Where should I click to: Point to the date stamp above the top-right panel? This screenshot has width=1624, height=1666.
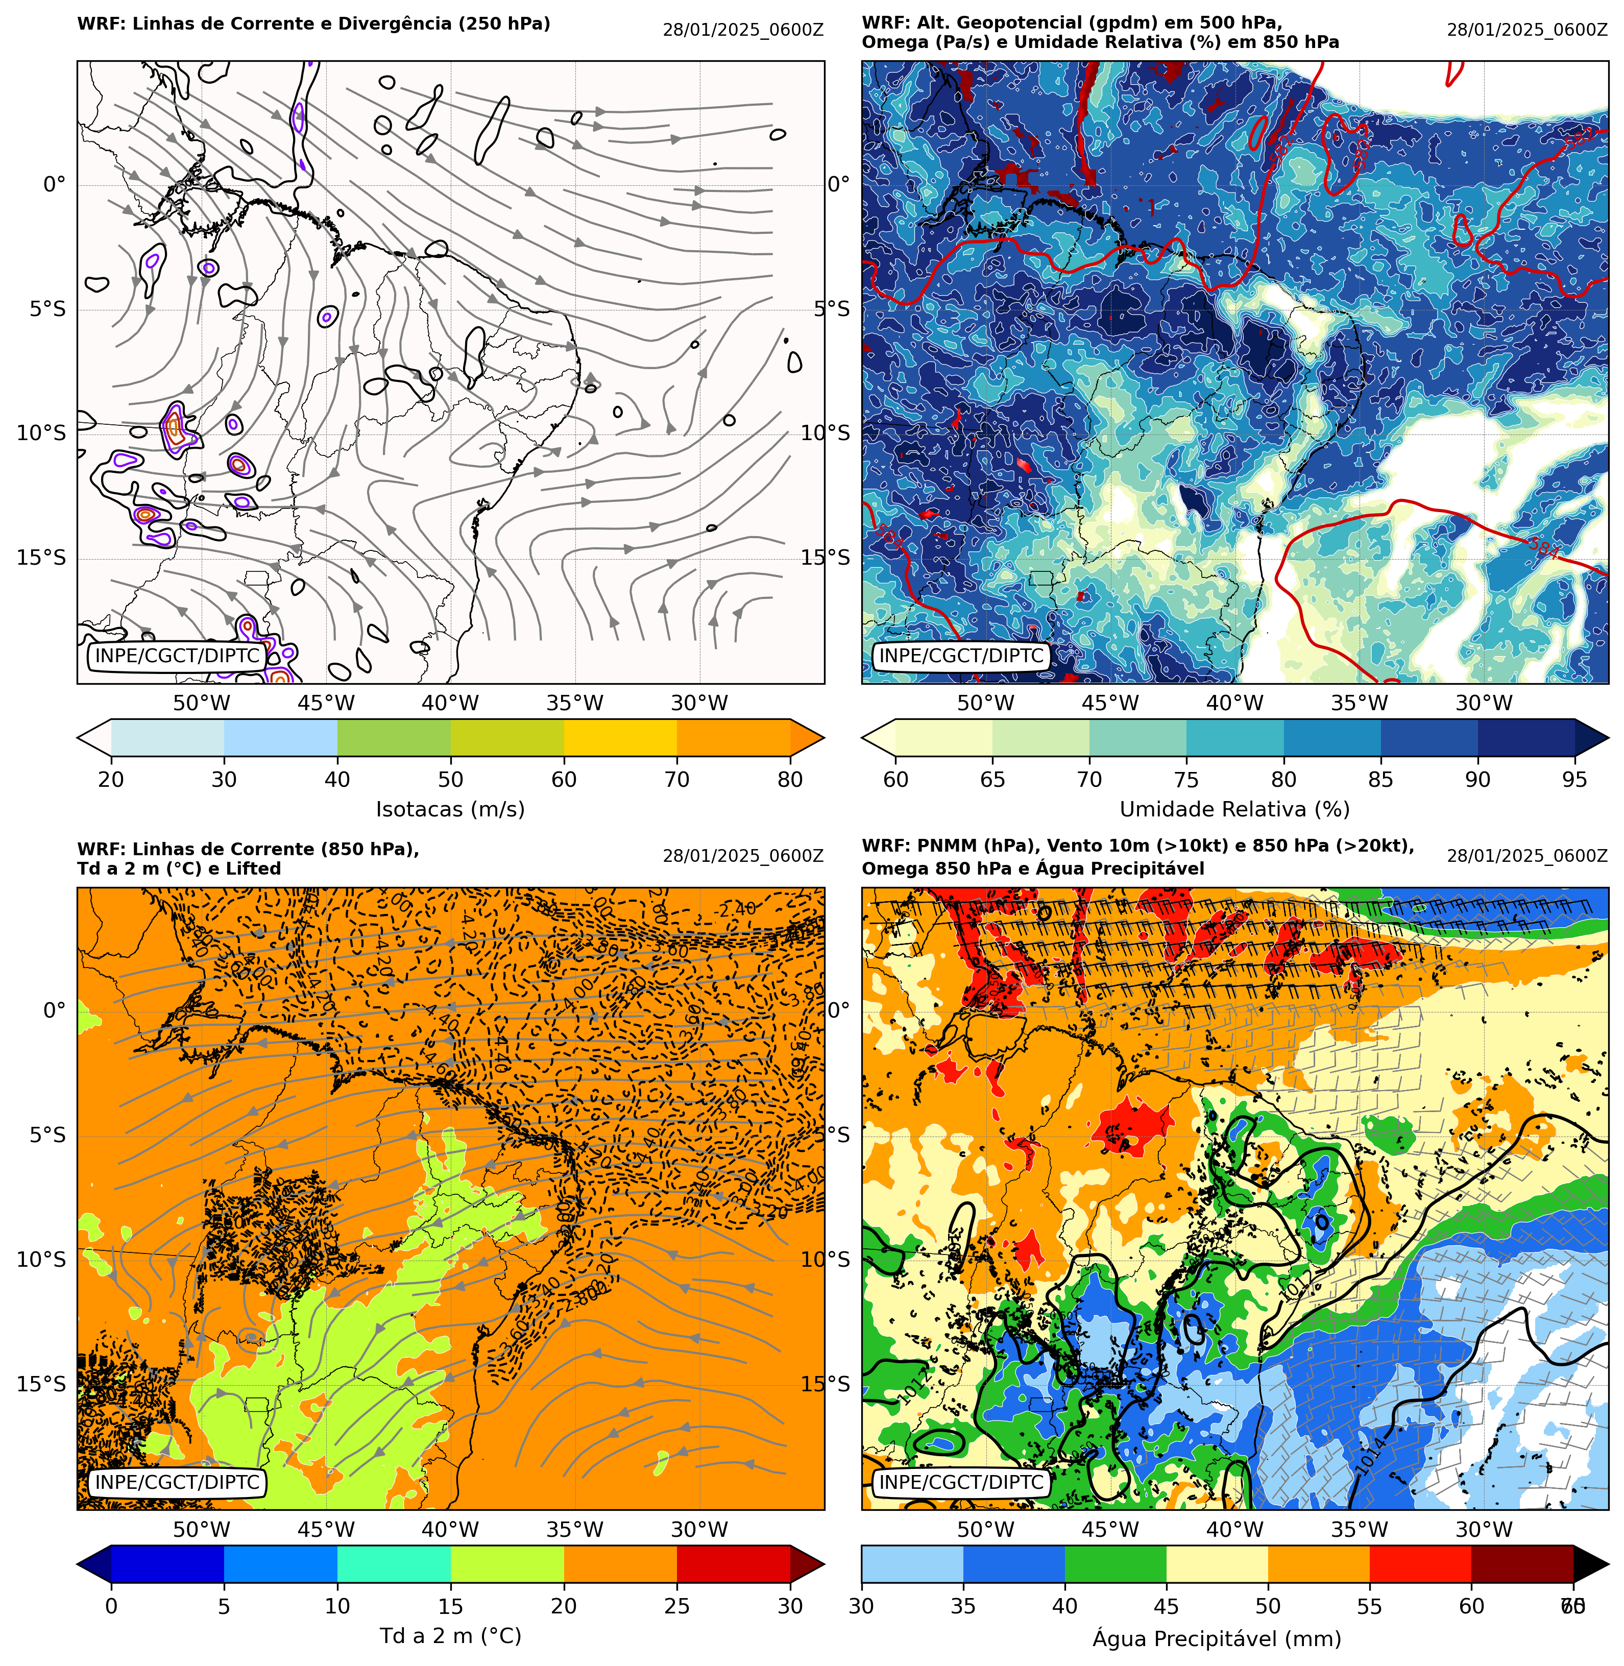[x=1527, y=30]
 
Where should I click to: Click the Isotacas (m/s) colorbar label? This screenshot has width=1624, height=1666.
[x=450, y=809]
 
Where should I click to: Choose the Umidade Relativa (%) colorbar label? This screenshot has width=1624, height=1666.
[x=1234, y=809]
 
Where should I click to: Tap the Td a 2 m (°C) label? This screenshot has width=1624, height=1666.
[x=450, y=1635]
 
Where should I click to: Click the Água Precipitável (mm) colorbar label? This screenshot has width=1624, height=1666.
[x=1216, y=1639]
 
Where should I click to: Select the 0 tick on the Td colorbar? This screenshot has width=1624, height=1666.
[x=111, y=1605]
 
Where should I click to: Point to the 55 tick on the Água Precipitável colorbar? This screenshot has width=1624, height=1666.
[x=1369, y=1605]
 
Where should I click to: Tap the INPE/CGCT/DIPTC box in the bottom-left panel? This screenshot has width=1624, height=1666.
[x=178, y=1483]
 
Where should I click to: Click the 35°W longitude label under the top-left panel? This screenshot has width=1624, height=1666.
[x=575, y=703]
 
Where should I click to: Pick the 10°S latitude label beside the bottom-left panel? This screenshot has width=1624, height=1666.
[x=41, y=1259]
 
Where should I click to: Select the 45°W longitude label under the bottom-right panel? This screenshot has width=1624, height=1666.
[x=1110, y=1530]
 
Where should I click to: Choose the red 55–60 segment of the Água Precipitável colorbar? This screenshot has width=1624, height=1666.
[x=1420, y=1564]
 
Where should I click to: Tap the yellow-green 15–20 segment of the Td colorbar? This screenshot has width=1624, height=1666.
[x=506, y=1564]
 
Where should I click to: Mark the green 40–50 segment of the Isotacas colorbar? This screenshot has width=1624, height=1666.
[x=394, y=737]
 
